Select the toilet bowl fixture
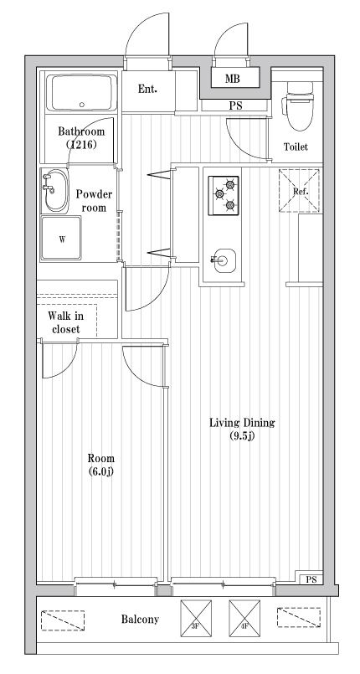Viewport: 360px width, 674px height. pyautogui.click(x=298, y=105)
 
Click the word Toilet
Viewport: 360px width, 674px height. pyautogui.click(x=296, y=147)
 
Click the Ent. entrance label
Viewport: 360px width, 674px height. pyautogui.click(x=147, y=89)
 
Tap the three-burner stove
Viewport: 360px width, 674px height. pyautogui.click(x=222, y=195)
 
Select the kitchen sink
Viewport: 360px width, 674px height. pyautogui.click(x=222, y=260)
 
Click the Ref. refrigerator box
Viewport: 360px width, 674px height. pyautogui.click(x=300, y=190)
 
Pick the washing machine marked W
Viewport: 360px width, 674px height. pyautogui.click(x=62, y=238)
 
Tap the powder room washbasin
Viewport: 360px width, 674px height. pyautogui.click(x=55, y=190)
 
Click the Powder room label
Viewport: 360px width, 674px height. pyautogui.click(x=94, y=201)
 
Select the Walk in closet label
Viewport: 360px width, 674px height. pyautogui.click(x=64, y=322)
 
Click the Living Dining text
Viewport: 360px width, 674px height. pyautogui.click(x=242, y=429)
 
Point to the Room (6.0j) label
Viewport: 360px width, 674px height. pyautogui.click(x=101, y=466)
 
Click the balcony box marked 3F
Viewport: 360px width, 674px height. pyautogui.click(x=193, y=619)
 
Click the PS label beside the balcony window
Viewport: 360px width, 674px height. pyautogui.click(x=311, y=579)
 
